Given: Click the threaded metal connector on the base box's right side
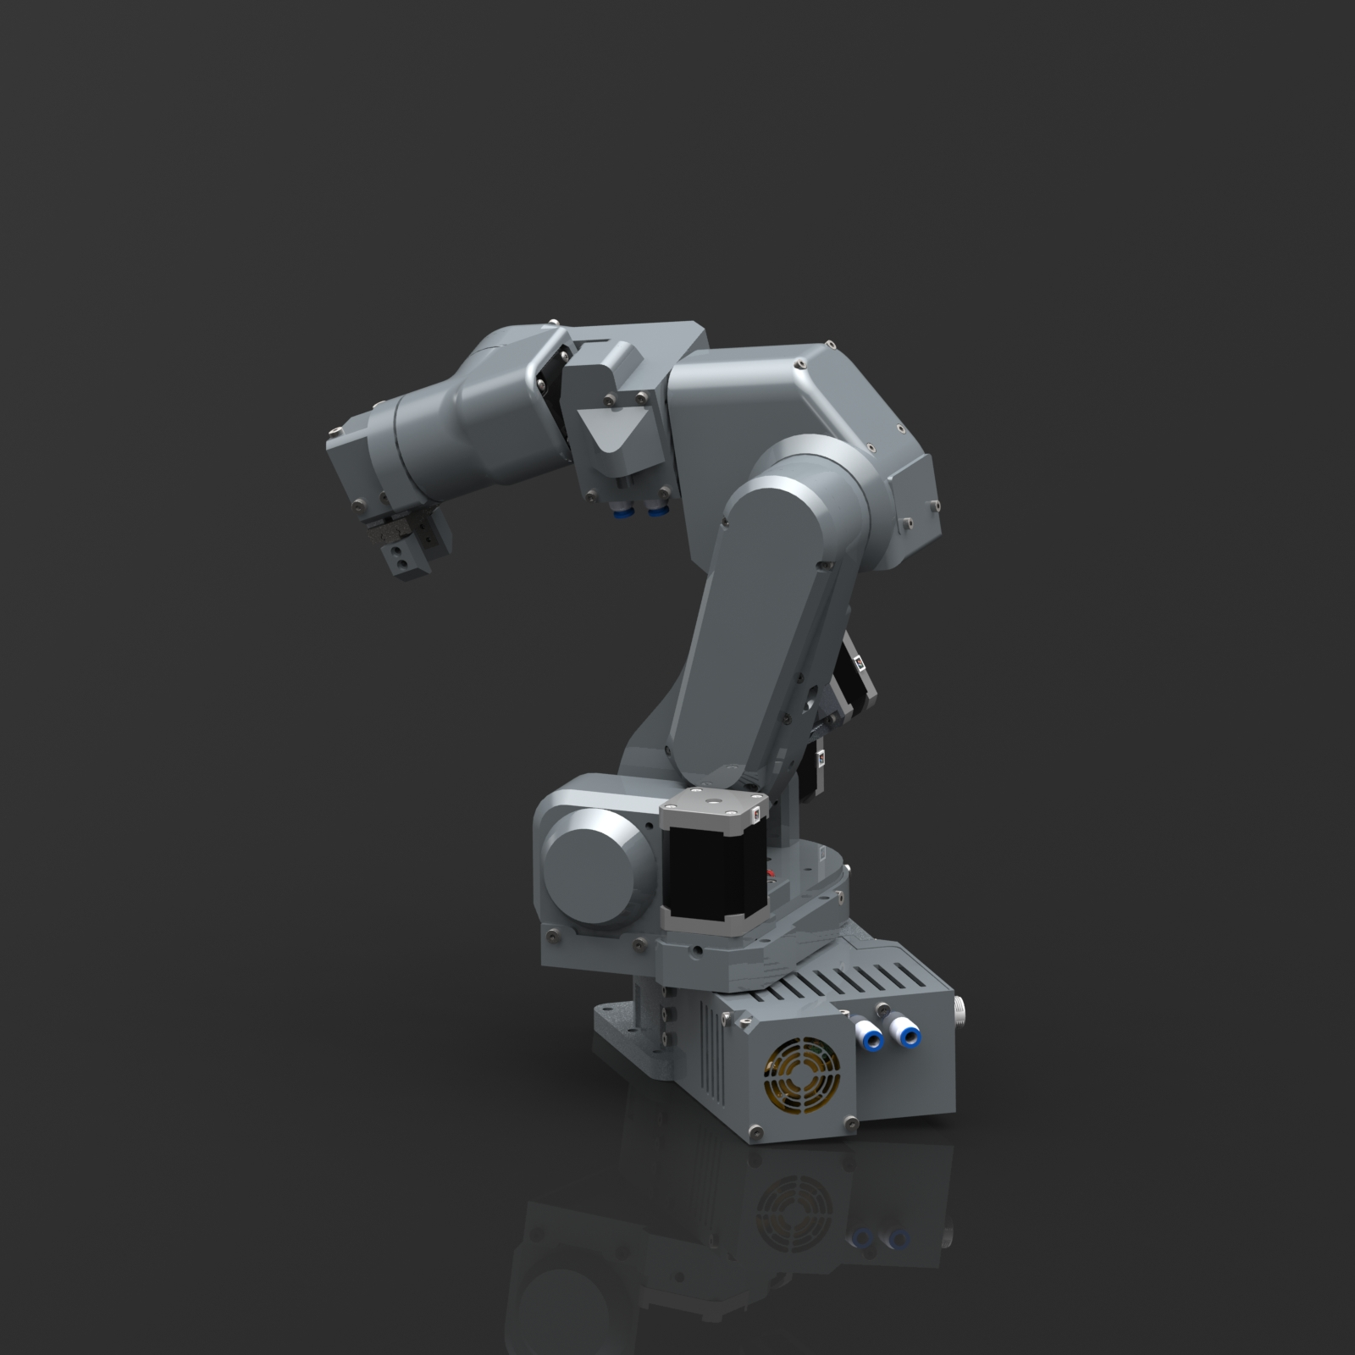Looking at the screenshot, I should pos(960,1007).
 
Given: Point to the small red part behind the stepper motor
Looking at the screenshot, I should pos(770,872).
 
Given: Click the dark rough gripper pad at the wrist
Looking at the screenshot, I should pos(385,533).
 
